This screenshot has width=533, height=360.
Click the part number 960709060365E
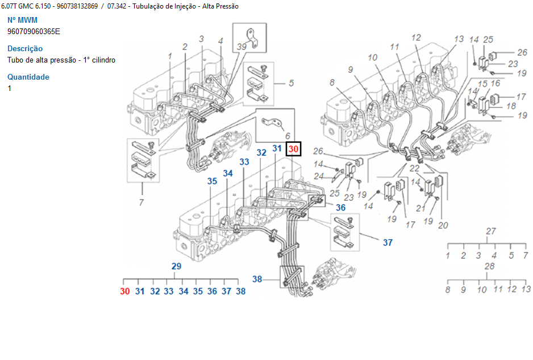(34, 31)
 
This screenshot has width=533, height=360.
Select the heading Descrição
(25, 49)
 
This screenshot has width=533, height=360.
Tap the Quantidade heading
(28, 77)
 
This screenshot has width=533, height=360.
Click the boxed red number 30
(294, 149)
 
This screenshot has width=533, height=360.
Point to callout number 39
(241, 47)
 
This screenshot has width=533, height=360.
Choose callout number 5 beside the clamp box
(291, 84)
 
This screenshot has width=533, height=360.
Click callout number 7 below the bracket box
(141, 202)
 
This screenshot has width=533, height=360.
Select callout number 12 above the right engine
(416, 38)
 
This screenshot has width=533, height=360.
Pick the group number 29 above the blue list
(176, 266)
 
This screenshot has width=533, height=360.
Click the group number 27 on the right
(491, 231)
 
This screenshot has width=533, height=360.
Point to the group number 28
(489, 266)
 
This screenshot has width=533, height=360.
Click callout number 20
(443, 225)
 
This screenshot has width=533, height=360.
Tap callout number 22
(415, 169)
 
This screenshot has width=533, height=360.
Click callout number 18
(511, 106)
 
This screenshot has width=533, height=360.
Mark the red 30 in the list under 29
(125, 291)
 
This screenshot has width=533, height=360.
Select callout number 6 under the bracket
(288, 136)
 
